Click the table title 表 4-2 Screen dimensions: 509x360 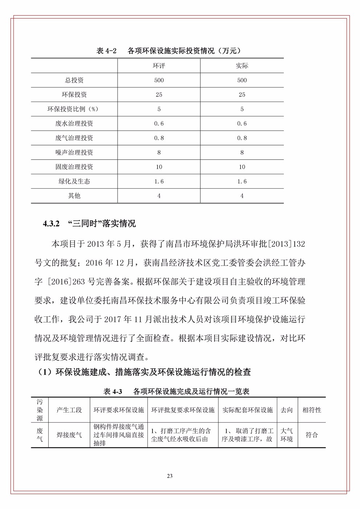point(106,51)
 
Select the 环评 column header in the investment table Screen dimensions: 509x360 point(159,66)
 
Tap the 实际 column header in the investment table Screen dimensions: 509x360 point(242,66)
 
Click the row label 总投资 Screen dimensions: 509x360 point(74,80)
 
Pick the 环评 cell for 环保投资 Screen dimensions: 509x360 point(159,95)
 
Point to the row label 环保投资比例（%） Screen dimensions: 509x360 point(74,109)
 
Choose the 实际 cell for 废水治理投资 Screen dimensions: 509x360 point(242,124)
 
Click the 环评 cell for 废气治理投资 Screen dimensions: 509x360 point(159,138)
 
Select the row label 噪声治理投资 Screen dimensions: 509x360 point(74,152)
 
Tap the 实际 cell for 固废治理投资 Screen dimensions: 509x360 point(242,167)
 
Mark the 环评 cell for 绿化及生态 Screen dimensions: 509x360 point(159,181)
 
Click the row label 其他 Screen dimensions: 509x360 point(74,196)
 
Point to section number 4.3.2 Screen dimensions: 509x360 point(51,224)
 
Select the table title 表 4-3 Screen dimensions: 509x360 point(112,391)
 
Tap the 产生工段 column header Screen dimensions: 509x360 point(69,410)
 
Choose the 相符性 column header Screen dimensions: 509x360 point(312,410)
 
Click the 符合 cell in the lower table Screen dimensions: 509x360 point(312,435)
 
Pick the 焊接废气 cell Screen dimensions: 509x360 point(69,435)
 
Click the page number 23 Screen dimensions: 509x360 point(170,476)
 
